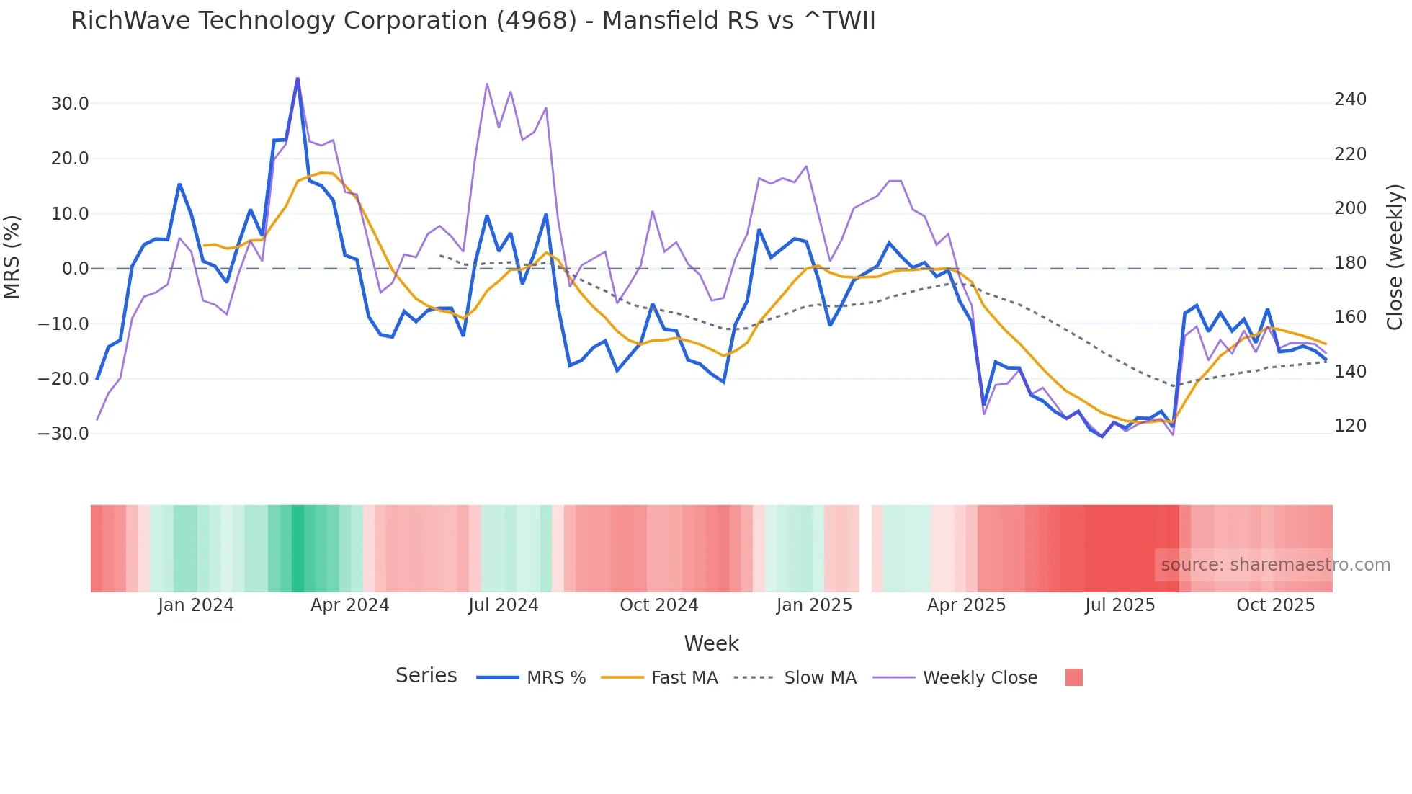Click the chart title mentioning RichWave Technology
click(x=473, y=21)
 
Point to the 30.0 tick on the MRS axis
click(x=70, y=104)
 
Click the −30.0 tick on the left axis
click(x=64, y=434)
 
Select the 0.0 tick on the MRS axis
click(x=76, y=269)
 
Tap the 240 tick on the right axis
click(x=1350, y=99)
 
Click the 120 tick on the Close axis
click(x=1350, y=426)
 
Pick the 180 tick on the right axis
click(x=1350, y=263)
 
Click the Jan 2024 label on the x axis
click(x=196, y=605)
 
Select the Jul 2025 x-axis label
click(x=1120, y=605)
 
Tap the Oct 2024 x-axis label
click(x=658, y=605)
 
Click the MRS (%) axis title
click(x=12, y=257)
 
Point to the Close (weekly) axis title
click(x=1395, y=257)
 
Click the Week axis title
click(x=711, y=643)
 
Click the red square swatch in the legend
click(x=1073, y=677)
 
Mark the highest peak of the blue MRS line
click(x=298, y=79)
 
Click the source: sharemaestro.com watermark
click(x=1275, y=565)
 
